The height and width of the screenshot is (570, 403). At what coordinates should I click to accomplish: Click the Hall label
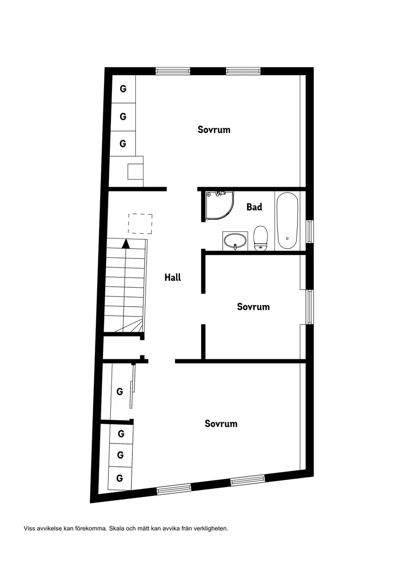coord(173,277)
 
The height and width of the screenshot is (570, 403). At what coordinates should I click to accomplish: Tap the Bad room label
coord(254,207)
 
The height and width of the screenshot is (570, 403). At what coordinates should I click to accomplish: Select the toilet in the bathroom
coord(260,238)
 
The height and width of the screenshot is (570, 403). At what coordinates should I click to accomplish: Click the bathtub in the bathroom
coord(287,221)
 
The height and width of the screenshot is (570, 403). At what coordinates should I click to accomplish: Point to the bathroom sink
coord(235,240)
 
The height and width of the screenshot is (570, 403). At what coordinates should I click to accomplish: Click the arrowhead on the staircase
coord(126,243)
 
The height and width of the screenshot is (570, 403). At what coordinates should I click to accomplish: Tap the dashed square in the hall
coord(140,224)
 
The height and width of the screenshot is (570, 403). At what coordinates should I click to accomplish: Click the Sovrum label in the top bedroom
coord(214,130)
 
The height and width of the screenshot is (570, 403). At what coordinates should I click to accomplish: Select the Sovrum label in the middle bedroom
coord(253,307)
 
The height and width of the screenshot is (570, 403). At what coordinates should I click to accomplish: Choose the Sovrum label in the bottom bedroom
coord(221,423)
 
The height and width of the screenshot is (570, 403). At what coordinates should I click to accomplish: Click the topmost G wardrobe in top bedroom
coord(123,89)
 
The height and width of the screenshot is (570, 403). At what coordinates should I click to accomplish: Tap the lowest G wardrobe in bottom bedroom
coord(120,478)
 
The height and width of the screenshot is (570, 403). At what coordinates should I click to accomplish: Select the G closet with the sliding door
coord(120,392)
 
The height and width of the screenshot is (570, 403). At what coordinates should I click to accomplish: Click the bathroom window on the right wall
coord(310,232)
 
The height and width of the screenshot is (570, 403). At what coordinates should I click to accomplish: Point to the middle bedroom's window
coord(310,307)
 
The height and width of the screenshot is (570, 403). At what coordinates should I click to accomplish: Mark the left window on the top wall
coord(172,71)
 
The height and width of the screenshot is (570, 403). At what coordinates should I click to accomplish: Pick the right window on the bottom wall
coord(247,481)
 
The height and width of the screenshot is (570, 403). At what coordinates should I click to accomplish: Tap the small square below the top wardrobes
coord(135,171)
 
